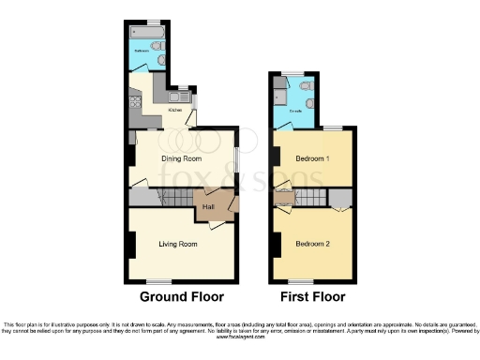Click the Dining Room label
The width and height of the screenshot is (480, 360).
182,159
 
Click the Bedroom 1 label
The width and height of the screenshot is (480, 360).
312,158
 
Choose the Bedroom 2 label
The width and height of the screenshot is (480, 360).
311,243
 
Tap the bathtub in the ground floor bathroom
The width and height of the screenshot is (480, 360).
149,32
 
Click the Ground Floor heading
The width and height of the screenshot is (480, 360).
182,297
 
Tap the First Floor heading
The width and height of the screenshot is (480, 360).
312,297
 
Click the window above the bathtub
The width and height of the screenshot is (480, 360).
153,21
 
